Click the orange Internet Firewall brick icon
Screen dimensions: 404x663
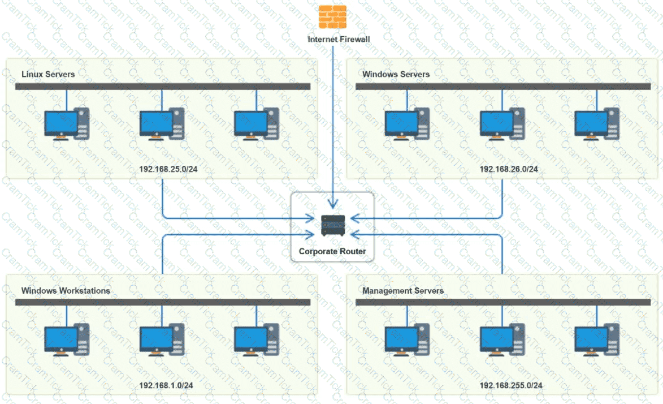point(332,16)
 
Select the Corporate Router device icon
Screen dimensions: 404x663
point(332,226)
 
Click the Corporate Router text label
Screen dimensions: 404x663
point(332,251)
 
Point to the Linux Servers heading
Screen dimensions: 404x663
point(48,74)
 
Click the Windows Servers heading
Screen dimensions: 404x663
point(396,74)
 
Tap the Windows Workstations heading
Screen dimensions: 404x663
point(66,291)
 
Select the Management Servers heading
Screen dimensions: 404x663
point(403,291)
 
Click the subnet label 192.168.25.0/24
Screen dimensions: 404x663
point(168,169)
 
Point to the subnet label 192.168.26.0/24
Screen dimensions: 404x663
point(509,169)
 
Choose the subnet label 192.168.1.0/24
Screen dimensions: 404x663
point(166,385)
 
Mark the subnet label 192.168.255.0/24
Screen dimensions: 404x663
point(511,385)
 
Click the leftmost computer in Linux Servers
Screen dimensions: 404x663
point(67,123)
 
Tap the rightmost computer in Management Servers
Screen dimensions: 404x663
point(596,339)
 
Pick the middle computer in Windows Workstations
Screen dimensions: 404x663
point(162,339)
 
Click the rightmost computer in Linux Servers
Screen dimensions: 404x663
point(256,123)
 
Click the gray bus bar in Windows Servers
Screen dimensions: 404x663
point(503,87)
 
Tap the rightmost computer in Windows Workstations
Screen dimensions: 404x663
point(256,339)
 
